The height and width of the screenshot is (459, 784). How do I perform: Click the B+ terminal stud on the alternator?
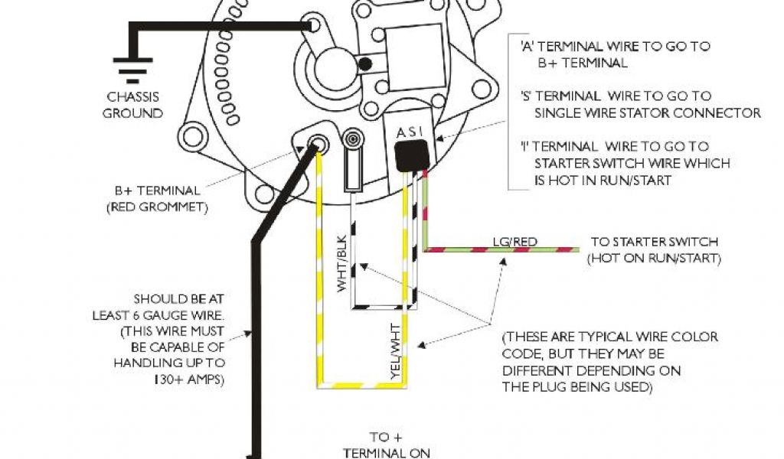pyautogui.click(x=315, y=143)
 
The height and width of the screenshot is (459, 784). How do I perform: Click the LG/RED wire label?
pyautogui.click(x=514, y=242)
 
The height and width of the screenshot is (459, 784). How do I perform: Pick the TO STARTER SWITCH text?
pyautogui.click(x=655, y=242)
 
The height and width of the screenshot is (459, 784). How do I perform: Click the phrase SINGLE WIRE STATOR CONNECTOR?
pyautogui.click(x=648, y=113)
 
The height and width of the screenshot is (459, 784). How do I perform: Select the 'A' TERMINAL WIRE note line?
pyautogui.click(x=615, y=46)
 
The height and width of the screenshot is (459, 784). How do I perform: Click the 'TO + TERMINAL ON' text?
pyautogui.click(x=386, y=445)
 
